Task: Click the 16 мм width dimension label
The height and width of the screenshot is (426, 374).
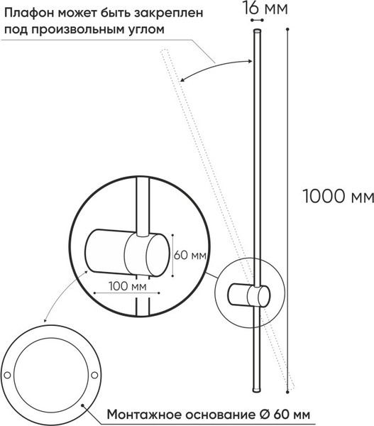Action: [265, 8]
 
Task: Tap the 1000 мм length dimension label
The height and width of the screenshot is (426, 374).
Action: [338, 196]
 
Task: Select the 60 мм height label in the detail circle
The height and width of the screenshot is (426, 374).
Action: [190, 255]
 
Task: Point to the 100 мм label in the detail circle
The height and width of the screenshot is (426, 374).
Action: [127, 286]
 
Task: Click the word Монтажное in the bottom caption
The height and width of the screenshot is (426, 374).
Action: [144, 415]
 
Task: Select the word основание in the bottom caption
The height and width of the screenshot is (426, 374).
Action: [221, 415]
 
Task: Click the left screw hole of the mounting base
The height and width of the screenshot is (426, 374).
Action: [7, 375]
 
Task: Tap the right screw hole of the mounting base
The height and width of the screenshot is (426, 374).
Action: [94, 375]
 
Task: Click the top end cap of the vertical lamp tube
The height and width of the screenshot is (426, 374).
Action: [257, 31]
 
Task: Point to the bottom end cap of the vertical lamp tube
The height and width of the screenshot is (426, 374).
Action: [257, 390]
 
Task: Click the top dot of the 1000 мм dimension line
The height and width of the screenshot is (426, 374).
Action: [287, 29]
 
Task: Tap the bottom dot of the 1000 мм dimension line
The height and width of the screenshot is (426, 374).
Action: [287, 392]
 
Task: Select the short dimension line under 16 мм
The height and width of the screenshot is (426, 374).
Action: [257, 20]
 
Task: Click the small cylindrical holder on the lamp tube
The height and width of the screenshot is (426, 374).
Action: [249, 295]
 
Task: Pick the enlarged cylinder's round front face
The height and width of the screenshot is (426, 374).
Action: [158, 255]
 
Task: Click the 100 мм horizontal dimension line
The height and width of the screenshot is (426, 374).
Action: [126, 293]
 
